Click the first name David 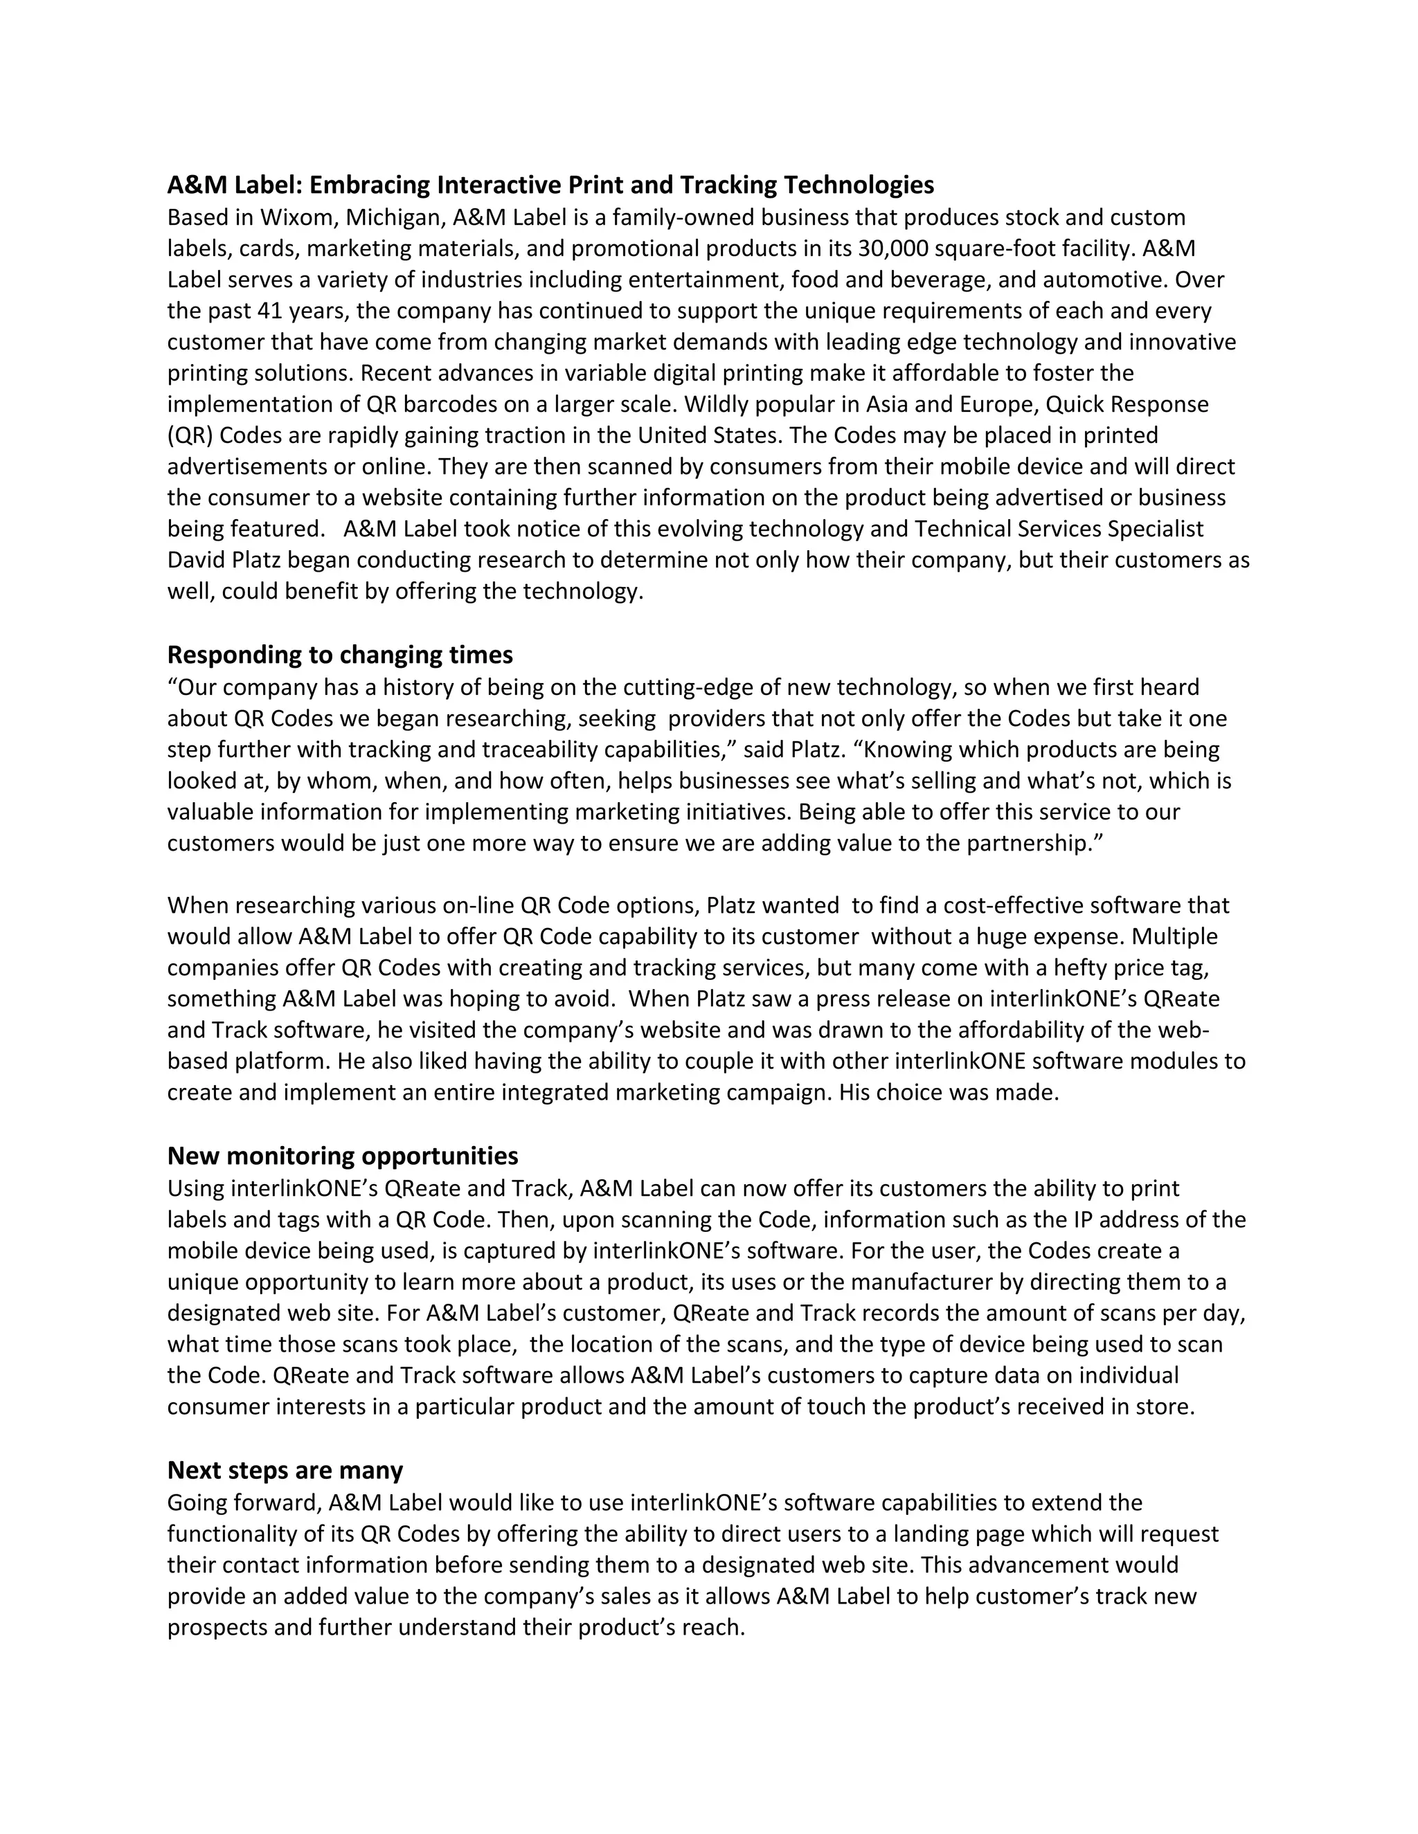pyautogui.click(x=194, y=559)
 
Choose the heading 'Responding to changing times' pyautogui.click(x=340, y=654)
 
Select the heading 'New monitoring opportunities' pyautogui.click(x=343, y=1156)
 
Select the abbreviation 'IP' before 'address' pyautogui.click(x=1083, y=1219)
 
